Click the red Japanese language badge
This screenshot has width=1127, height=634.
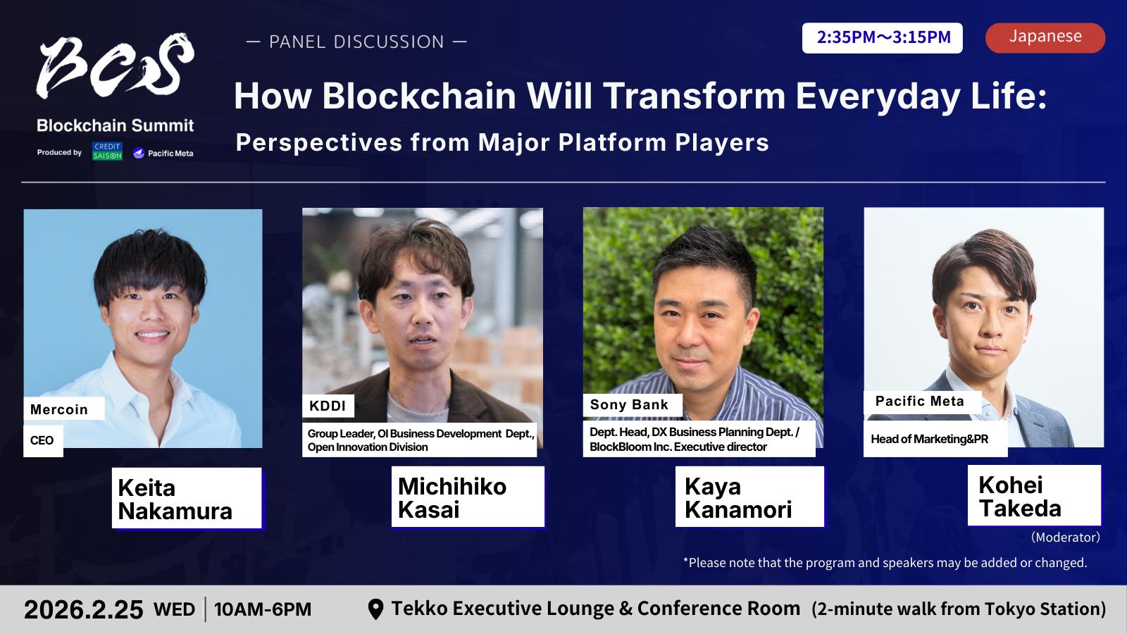(x=1045, y=38)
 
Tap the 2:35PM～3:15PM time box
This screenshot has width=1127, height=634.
(x=882, y=38)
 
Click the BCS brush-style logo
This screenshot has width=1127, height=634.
(x=115, y=66)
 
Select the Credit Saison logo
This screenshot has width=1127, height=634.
(x=107, y=151)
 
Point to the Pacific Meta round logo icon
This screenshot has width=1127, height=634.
(x=139, y=153)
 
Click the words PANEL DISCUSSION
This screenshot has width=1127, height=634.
(x=356, y=42)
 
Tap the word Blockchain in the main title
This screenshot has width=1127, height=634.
(x=419, y=96)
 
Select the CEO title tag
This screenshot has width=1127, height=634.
(x=43, y=440)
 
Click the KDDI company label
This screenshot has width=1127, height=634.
(x=328, y=406)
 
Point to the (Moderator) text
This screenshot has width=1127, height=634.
(x=1066, y=537)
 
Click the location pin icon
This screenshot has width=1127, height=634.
(x=375, y=609)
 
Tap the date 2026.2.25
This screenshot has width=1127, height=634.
(x=84, y=610)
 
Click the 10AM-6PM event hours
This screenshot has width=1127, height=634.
(x=263, y=609)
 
